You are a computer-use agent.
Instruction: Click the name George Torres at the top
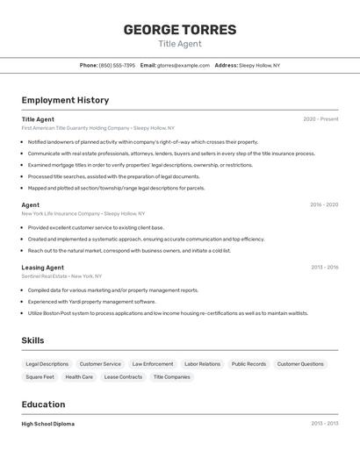point(179,30)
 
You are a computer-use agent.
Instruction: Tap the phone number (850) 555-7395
point(117,65)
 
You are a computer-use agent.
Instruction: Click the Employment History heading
point(65,100)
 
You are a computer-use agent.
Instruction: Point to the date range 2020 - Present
point(320,119)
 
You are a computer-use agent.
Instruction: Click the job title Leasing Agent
point(43,268)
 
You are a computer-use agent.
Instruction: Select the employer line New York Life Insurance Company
point(83,213)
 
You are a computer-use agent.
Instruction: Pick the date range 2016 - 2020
point(324,204)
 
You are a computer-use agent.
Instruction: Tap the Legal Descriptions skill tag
point(47,364)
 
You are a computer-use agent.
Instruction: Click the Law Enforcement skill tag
point(153,364)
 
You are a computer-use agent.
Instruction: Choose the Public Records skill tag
point(248,364)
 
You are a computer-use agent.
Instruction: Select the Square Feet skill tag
point(40,377)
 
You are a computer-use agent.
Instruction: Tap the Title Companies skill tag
point(171,377)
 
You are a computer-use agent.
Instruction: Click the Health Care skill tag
point(79,377)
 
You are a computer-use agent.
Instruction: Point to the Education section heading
point(43,404)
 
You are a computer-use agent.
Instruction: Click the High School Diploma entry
point(48,424)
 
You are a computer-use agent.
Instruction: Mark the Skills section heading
point(33,340)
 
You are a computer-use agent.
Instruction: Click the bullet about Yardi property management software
point(91,301)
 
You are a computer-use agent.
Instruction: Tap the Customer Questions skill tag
point(300,364)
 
